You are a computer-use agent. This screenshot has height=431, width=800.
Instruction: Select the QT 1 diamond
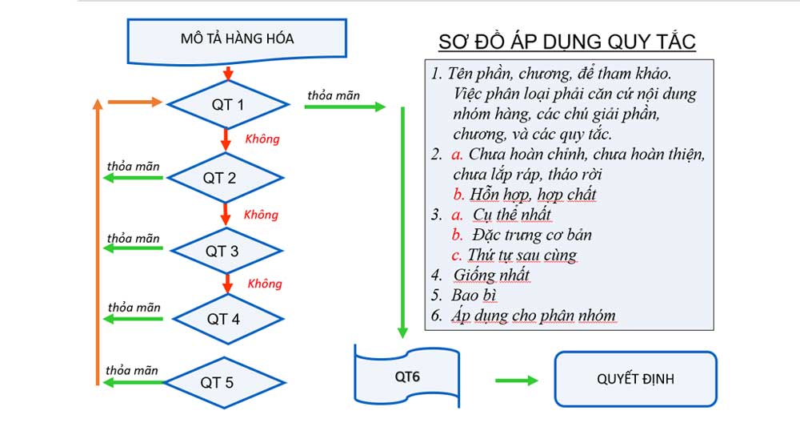tap(226, 104)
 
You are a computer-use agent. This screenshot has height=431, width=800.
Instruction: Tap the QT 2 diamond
tap(226, 178)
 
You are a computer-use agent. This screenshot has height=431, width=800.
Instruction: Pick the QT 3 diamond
tap(227, 251)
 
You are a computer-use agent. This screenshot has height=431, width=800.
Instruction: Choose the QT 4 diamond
tap(228, 319)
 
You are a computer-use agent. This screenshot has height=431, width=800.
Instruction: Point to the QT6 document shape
tap(406, 375)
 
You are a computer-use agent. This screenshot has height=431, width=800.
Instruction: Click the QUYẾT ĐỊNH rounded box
tap(635, 379)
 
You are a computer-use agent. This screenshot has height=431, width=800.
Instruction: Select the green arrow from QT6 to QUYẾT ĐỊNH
tap(516, 381)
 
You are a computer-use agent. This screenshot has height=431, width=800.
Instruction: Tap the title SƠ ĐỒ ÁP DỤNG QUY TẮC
tap(567, 42)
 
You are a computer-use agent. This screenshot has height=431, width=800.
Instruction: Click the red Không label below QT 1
tap(262, 139)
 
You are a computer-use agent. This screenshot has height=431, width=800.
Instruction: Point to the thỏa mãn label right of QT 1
tap(333, 95)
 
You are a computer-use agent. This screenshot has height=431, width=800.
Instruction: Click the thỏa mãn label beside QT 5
tap(132, 370)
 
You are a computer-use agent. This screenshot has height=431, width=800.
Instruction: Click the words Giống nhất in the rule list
tap(491, 276)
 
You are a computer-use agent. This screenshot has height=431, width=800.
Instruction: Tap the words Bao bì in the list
tap(474, 296)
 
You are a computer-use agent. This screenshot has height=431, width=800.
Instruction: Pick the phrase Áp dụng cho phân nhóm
tap(533, 316)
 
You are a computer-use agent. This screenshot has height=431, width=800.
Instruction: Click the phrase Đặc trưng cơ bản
tap(532, 236)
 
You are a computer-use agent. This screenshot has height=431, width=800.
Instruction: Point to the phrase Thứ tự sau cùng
tap(522, 256)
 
